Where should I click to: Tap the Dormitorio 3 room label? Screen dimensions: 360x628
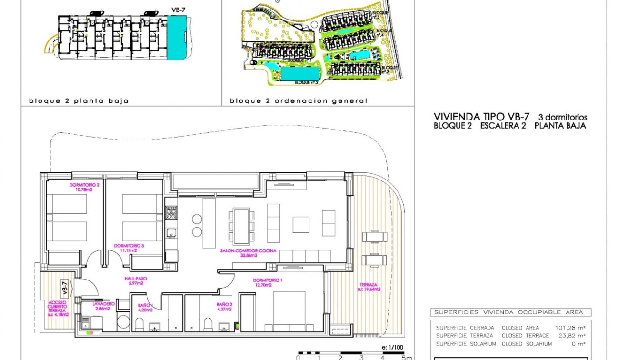[125, 248]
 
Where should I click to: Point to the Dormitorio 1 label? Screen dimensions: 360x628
[267, 282]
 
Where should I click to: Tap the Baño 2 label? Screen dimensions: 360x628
[224, 306]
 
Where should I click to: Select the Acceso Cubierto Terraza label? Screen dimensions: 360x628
[58, 308]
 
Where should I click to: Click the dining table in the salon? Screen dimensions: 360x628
[241, 225]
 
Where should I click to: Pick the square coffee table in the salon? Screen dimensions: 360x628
[301, 225]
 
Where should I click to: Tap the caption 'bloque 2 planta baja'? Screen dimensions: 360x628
[79, 101]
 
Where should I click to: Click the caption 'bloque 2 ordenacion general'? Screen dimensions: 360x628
[299, 101]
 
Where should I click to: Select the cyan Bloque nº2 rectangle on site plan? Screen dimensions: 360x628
[300, 73]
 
